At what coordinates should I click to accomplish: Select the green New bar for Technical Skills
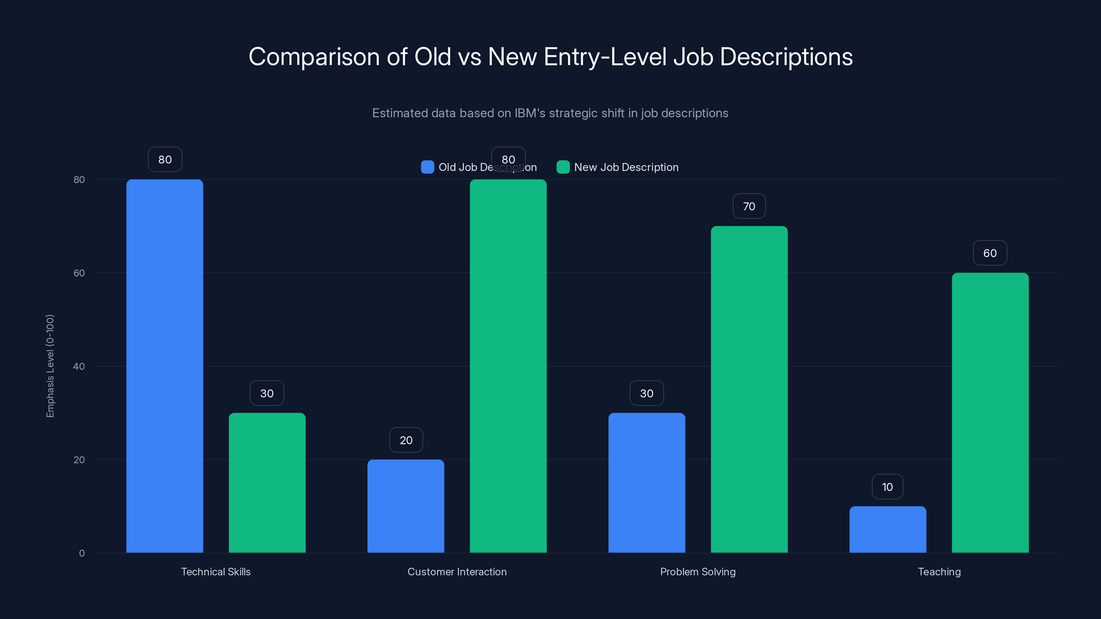[267, 483]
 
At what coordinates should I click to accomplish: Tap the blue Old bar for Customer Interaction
[406, 506]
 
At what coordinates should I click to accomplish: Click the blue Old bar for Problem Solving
[647, 483]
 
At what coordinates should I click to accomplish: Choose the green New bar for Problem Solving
[749, 389]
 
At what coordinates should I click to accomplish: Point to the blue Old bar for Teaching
[888, 529]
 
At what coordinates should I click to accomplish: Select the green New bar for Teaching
[990, 413]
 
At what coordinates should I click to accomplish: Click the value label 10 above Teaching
[887, 487]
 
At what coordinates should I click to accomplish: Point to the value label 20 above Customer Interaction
[406, 440]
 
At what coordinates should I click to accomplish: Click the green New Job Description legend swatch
[563, 167]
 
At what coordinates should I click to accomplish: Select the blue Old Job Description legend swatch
[427, 167]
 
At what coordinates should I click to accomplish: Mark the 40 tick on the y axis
[79, 366]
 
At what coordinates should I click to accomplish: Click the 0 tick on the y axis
[82, 553]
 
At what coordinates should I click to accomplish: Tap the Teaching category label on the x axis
[939, 572]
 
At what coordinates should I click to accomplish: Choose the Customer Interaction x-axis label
[457, 572]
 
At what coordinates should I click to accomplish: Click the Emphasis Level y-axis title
[50, 366]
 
